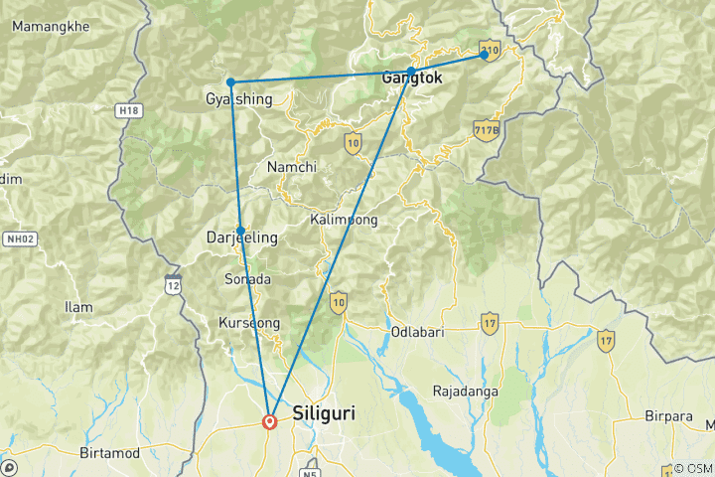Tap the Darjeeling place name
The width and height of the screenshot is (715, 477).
(x=240, y=238)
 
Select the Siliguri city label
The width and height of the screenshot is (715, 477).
(x=327, y=411)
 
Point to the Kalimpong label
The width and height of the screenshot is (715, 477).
(x=344, y=220)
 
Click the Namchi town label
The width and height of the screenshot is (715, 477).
(x=291, y=168)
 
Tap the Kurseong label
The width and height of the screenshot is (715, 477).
(x=248, y=324)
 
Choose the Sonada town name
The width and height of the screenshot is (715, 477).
(x=247, y=280)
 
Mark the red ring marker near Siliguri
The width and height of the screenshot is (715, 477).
(x=269, y=421)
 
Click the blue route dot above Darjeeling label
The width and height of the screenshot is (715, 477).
(x=240, y=230)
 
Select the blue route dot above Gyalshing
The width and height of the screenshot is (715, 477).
(x=230, y=81)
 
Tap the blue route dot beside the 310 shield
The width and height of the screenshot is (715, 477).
(x=485, y=55)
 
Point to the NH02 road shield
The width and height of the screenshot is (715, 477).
(x=18, y=239)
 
